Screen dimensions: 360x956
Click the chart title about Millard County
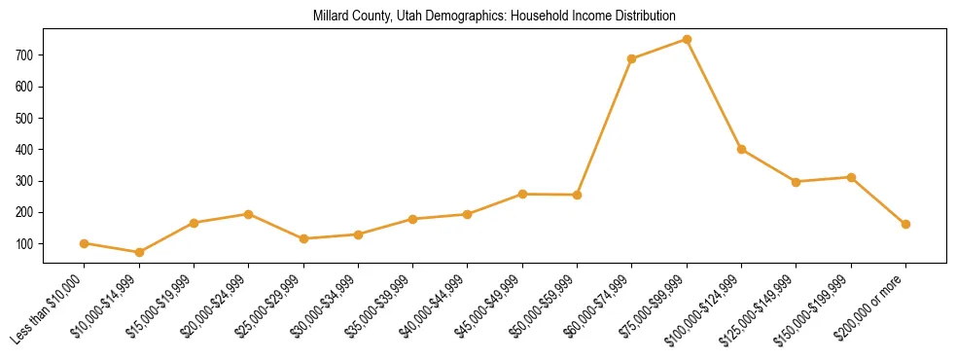point(494,17)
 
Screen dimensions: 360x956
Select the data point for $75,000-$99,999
point(687,40)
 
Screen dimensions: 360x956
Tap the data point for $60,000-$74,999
point(632,59)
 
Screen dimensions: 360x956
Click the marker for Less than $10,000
point(85,243)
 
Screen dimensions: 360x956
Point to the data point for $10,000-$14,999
point(139,253)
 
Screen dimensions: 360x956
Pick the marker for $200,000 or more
point(905,224)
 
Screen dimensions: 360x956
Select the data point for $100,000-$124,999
point(741,150)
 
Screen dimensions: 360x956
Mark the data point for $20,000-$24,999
point(249,214)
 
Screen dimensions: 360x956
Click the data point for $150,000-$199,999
point(851,177)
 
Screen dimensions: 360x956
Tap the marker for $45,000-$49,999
point(522,194)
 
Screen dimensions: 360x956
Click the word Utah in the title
point(414,17)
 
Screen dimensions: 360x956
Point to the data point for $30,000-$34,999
point(358,234)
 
